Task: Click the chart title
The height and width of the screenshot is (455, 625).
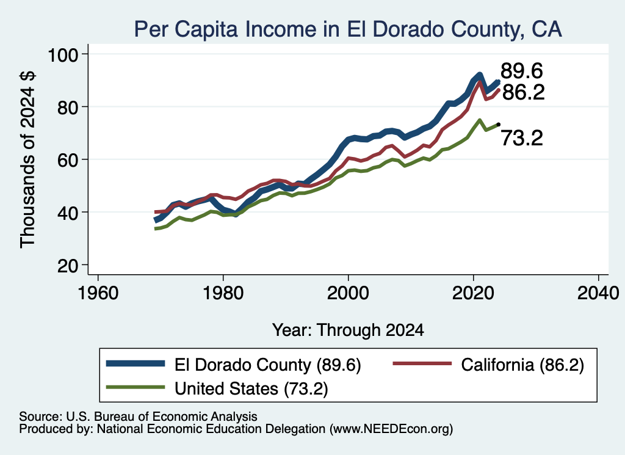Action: (347, 29)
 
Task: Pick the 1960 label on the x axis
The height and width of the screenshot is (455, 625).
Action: (98, 294)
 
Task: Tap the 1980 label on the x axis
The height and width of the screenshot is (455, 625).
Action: (223, 294)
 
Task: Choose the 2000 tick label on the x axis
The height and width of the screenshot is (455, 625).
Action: (348, 294)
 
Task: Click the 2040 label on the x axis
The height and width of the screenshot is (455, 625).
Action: (598, 294)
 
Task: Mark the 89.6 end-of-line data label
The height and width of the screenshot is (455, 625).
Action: (522, 71)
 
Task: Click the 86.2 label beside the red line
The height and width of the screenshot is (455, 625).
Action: (523, 92)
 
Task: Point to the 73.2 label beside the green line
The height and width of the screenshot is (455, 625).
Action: (522, 139)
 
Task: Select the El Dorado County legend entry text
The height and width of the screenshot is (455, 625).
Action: (268, 365)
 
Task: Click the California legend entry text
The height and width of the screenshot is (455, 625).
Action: (522, 365)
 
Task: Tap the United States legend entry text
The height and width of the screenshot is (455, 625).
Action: (251, 388)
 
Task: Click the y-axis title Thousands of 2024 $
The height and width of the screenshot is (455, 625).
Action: (27, 159)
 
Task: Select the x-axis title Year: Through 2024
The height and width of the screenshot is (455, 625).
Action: (348, 330)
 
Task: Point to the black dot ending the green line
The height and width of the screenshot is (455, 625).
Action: (498, 125)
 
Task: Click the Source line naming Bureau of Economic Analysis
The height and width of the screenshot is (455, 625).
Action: (139, 417)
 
